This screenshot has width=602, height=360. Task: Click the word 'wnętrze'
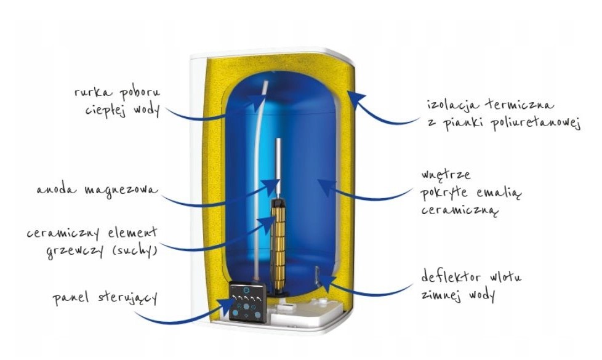click(446, 175)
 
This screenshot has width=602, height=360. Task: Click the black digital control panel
click(247, 302)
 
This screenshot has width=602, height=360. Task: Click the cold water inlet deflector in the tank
click(317, 276)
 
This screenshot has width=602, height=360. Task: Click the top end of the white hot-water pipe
click(266, 81)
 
